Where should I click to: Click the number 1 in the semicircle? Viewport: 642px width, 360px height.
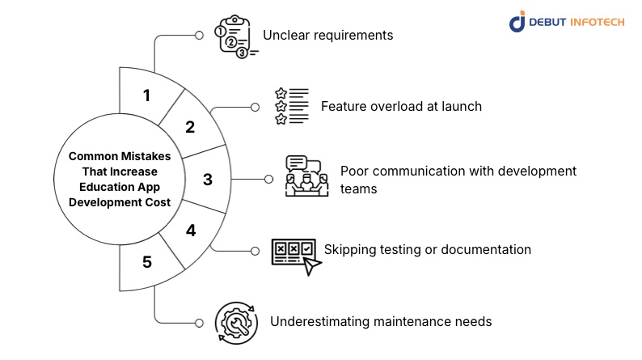(146, 95)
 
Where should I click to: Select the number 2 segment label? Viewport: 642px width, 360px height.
(190, 127)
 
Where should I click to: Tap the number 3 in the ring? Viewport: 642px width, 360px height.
(207, 179)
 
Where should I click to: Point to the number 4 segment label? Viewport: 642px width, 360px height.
(191, 231)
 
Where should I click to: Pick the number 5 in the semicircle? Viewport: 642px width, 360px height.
(146, 262)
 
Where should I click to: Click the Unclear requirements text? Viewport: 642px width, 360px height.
(327, 36)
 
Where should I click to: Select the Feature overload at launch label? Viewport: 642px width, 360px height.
(401, 106)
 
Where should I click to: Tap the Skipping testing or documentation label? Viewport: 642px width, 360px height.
(428, 249)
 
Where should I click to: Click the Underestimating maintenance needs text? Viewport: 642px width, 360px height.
(381, 321)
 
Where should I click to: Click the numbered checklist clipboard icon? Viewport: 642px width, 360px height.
(235, 36)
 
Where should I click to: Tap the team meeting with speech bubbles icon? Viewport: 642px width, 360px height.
(306, 177)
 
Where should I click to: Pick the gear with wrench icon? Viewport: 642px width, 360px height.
(236, 322)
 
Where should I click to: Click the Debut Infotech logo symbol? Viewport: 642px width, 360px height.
(517, 22)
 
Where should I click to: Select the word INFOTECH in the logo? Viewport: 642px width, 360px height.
(598, 22)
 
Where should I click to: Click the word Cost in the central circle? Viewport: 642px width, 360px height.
(154, 203)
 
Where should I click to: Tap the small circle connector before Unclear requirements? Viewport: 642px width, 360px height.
(199, 36)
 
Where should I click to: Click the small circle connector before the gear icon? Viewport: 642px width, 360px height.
(199, 321)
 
